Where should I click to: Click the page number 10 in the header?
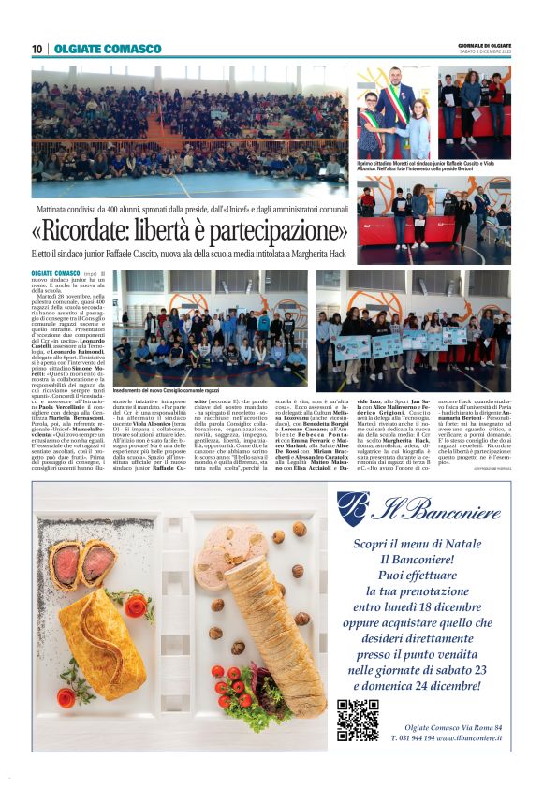[x=37, y=49]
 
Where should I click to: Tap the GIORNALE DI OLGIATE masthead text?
[x=484, y=44]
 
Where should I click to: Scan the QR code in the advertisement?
[x=358, y=720]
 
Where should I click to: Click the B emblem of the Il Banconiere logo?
[x=352, y=508]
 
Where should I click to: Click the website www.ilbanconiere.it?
[x=464, y=738]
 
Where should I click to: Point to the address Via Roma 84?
[x=477, y=726]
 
